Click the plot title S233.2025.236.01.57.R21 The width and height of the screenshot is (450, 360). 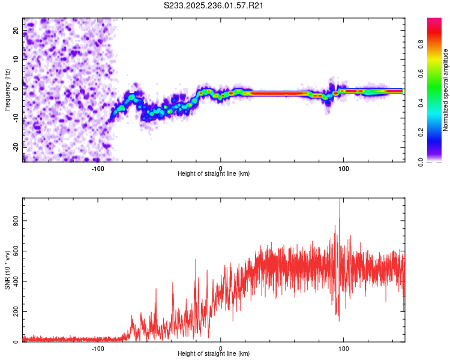point(214,5)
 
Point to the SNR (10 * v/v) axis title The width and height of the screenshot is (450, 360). point(7,270)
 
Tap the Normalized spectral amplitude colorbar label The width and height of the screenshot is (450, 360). point(445,90)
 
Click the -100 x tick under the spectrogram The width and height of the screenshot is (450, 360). point(98,168)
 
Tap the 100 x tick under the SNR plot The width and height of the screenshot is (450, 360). point(344,349)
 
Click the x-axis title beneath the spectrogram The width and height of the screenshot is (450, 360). point(214,174)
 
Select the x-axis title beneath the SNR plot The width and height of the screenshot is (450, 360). point(214,355)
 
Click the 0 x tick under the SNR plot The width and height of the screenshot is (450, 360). point(221,349)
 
